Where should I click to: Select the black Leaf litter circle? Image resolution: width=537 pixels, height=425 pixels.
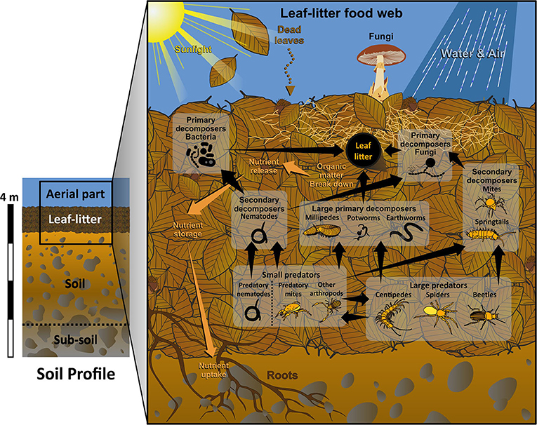point(363,149)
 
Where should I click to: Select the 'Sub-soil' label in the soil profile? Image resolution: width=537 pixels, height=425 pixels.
point(72,342)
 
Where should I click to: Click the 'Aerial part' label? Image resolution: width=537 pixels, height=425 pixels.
point(75,192)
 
